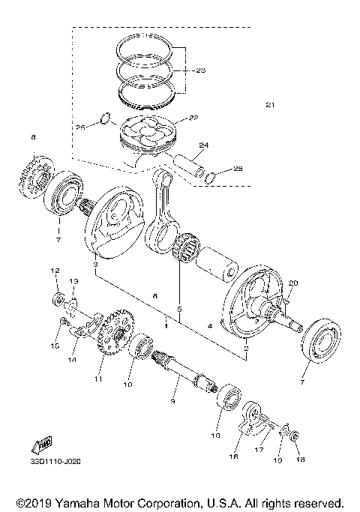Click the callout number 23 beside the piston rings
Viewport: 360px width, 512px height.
199,71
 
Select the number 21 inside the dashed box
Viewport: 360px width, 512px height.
270,104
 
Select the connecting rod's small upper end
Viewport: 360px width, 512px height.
159,177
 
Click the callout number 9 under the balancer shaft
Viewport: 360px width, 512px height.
172,403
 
